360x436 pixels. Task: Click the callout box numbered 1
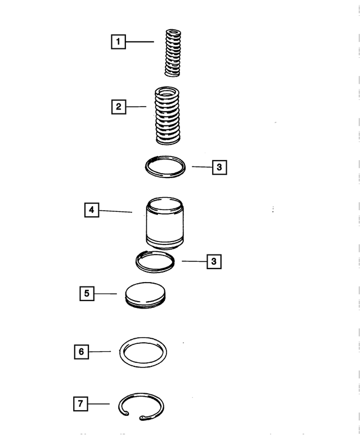[118, 42]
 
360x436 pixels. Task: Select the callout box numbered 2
[118, 106]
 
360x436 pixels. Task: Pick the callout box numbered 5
[86, 293]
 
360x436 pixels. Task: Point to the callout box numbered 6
[81, 352]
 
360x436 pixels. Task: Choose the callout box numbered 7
[81, 403]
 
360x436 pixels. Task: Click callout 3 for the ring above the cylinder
[219, 167]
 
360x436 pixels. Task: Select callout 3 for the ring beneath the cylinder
[214, 261]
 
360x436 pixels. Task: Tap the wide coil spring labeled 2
[167, 115]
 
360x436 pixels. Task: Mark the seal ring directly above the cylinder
[165, 166]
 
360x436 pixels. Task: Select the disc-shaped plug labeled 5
[145, 294]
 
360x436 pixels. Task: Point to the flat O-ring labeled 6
[143, 352]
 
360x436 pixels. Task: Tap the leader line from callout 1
[139, 42]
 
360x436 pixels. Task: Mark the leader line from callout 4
[115, 211]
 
